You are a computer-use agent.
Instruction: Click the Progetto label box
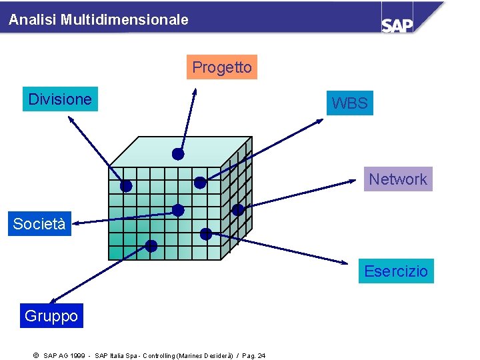click(221, 67)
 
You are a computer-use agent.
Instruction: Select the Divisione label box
click(60, 99)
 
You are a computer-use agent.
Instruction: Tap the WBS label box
click(349, 103)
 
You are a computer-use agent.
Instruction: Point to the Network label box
click(397, 179)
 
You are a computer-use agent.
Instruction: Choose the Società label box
click(39, 224)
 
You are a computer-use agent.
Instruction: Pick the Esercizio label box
click(396, 271)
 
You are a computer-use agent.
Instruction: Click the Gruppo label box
click(51, 316)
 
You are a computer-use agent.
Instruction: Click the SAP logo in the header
click(397, 24)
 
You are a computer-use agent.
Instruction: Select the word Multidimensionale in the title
click(125, 20)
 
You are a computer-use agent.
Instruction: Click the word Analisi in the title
click(33, 20)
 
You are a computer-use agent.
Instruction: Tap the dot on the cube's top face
click(178, 154)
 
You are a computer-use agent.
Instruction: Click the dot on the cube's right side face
click(237, 209)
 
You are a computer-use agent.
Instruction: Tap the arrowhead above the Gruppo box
click(54, 301)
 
